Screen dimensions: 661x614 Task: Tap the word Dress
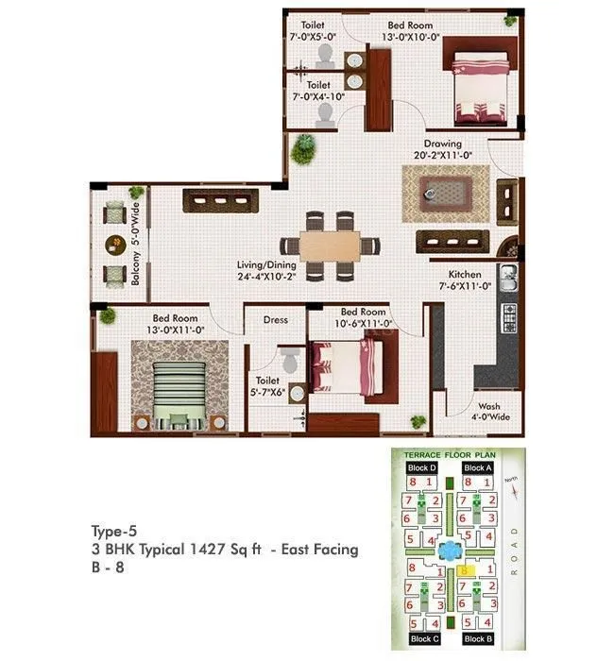click(x=276, y=320)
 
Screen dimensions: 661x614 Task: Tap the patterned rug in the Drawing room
click(x=445, y=193)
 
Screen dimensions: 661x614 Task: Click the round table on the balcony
click(x=114, y=244)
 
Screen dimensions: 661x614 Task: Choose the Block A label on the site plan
click(x=478, y=467)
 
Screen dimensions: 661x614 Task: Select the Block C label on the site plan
click(x=421, y=638)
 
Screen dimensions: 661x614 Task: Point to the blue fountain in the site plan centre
click(x=450, y=549)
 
